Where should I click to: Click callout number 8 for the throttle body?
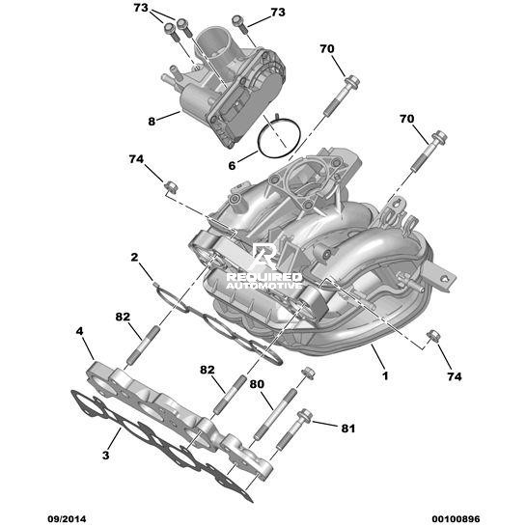[152, 121]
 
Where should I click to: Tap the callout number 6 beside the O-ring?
[233, 165]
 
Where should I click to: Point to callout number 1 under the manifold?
[385, 375]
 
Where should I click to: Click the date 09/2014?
[67, 519]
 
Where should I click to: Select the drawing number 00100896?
[456, 519]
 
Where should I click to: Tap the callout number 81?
[347, 429]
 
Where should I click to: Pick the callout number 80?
[257, 384]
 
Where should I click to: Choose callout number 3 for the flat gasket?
[105, 456]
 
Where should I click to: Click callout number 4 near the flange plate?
[79, 331]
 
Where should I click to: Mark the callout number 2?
[134, 258]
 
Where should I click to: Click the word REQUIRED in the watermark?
[264, 277]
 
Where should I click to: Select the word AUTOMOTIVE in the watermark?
[264, 286]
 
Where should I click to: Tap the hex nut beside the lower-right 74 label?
[433, 336]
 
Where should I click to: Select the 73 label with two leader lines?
[141, 8]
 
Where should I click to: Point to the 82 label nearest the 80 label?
[207, 370]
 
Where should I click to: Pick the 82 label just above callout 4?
[123, 317]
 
